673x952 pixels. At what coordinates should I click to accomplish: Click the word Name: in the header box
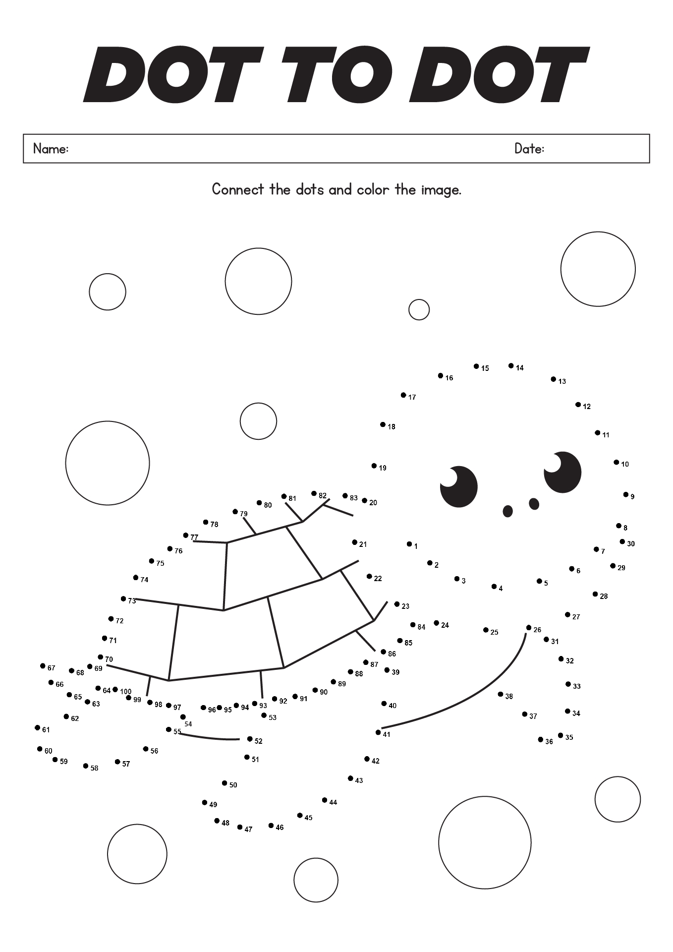tap(51, 148)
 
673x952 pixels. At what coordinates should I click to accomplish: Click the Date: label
tap(529, 148)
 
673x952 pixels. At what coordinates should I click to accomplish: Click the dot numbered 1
tap(409, 544)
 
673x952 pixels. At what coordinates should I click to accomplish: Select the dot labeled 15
tap(476, 366)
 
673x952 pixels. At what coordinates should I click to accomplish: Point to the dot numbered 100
tap(115, 689)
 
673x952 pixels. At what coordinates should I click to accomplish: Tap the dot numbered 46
tap(271, 826)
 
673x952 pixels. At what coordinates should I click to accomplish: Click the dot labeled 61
tap(37, 727)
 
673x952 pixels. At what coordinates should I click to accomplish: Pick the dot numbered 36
tap(541, 739)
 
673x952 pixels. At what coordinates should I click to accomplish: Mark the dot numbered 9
tap(626, 494)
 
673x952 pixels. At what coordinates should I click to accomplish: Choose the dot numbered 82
tap(314, 493)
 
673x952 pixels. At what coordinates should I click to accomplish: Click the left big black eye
tap(459, 487)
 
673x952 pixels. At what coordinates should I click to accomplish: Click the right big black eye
tap(562, 472)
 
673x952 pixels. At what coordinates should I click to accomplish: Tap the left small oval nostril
tap(507, 511)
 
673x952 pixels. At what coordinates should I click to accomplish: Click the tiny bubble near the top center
tap(419, 309)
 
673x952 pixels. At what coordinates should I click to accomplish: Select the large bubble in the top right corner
tap(598, 269)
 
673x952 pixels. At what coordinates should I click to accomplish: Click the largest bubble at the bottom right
tap(485, 842)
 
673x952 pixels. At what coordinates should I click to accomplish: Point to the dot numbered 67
tap(43, 666)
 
